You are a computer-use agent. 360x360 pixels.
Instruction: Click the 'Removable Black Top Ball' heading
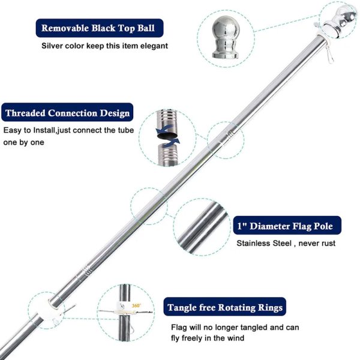coord(98,28)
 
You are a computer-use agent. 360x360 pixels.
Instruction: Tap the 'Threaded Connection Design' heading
coord(67,113)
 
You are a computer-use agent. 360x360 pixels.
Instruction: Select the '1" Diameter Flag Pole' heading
coord(285,226)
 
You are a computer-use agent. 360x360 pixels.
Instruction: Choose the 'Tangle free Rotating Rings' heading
coord(225,307)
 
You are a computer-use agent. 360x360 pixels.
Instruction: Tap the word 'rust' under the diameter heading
coord(329,244)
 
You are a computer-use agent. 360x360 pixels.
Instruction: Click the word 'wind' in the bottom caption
coord(236,338)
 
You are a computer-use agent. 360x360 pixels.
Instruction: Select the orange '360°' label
coord(136,305)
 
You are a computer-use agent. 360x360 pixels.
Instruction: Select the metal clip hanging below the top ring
coord(330,55)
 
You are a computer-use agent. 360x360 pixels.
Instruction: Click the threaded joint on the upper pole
coord(230,134)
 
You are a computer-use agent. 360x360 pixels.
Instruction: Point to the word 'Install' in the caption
coord(44,130)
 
